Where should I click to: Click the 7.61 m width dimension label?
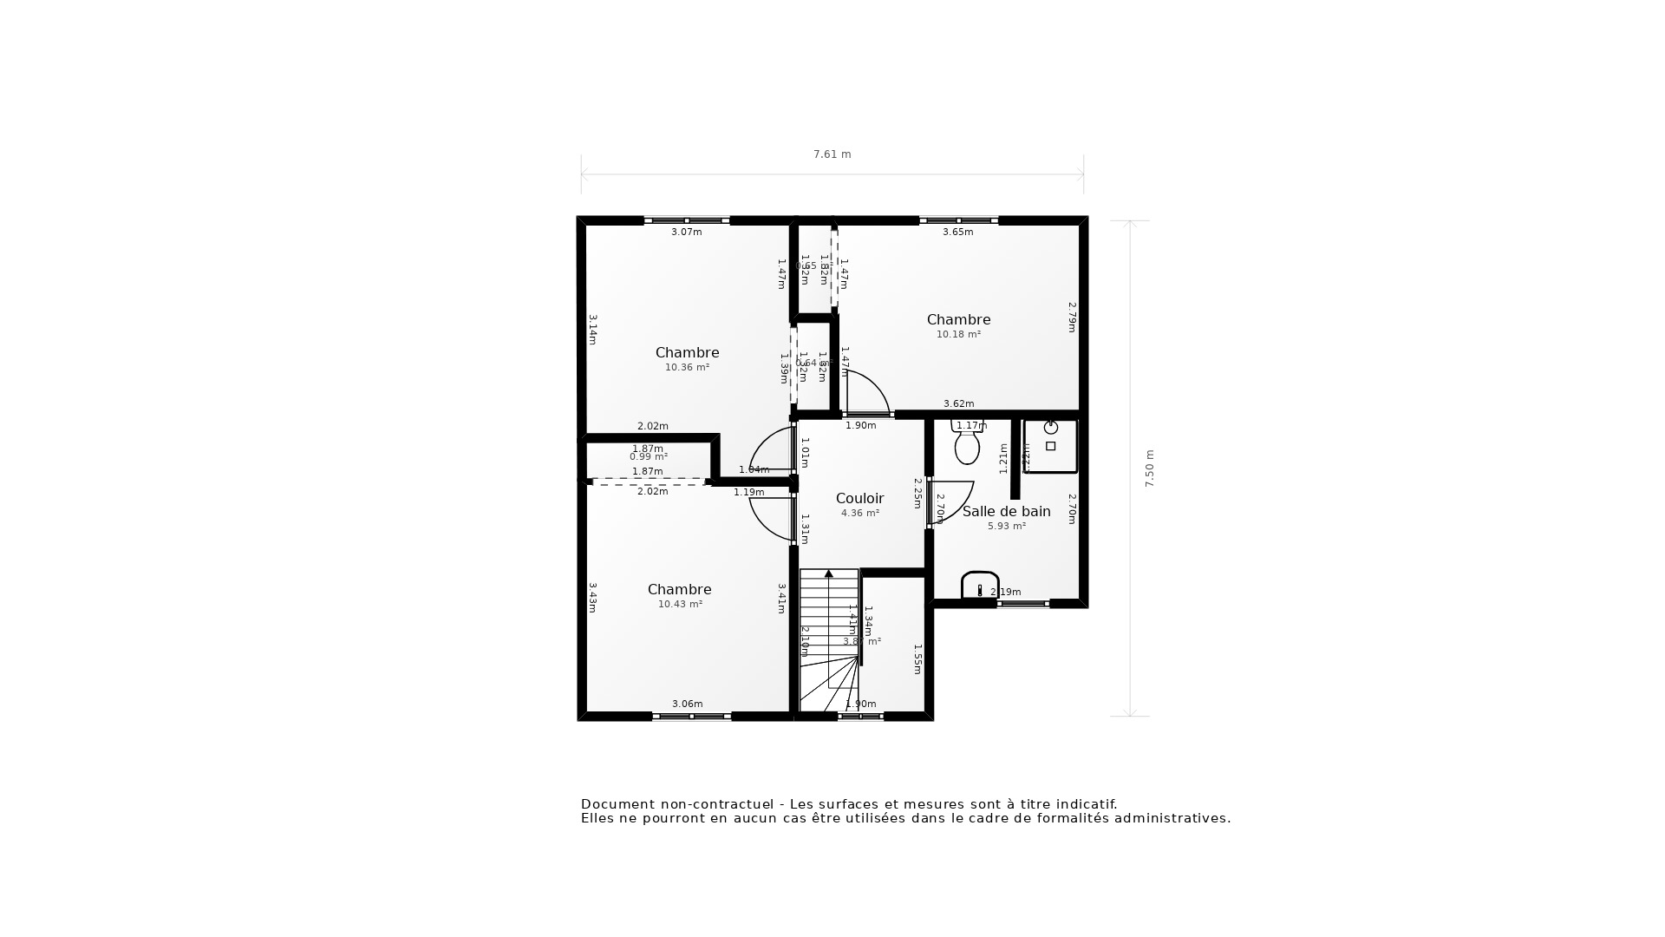[832, 154]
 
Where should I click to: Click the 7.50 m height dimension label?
[1150, 468]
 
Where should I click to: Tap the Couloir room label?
[859, 498]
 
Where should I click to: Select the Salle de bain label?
[1006, 511]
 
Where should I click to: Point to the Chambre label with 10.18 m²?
[958, 319]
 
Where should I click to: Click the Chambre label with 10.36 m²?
[687, 352]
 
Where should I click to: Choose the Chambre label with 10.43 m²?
[679, 589]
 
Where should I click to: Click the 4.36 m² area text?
[860, 514]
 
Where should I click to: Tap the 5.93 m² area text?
[1006, 526]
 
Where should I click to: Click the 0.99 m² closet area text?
[648, 457]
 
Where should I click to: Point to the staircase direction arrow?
[829, 573]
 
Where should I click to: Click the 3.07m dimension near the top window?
[686, 232]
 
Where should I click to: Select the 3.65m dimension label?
[957, 232]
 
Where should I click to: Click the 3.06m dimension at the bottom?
[687, 704]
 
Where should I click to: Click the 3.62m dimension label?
[958, 403]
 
